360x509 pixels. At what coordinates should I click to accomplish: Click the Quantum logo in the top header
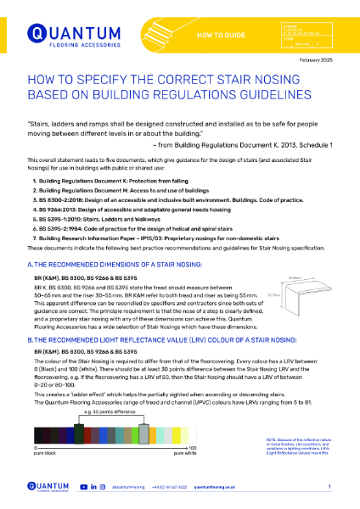pos(65,33)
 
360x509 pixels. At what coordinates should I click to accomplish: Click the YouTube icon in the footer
pos(82,487)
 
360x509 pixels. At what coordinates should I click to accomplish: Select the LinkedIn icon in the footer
pos(93,487)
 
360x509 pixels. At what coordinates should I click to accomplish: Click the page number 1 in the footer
pos(329,487)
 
